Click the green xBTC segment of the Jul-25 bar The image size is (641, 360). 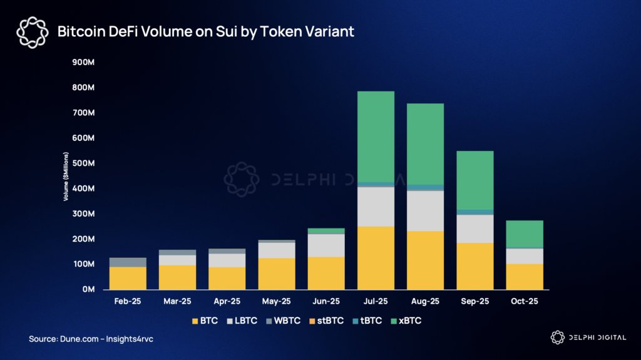[x=376, y=136]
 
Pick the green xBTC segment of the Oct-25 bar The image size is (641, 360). [x=525, y=234]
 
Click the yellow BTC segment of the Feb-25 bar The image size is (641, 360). [x=128, y=278]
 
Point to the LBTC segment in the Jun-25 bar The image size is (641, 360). [x=326, y=245]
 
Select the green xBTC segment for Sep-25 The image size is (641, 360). [x=475, y=180]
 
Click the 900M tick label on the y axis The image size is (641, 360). [x=83, y=62]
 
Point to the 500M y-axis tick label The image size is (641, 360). [x=83, y=163]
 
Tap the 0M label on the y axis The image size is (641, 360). [x=87, y=290]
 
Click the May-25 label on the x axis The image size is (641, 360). [x=277, y=301]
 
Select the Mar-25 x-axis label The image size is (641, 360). [x=177, y=301]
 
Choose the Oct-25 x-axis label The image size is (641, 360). [x=525, y=301]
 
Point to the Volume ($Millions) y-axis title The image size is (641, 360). [x=66, y=176]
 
